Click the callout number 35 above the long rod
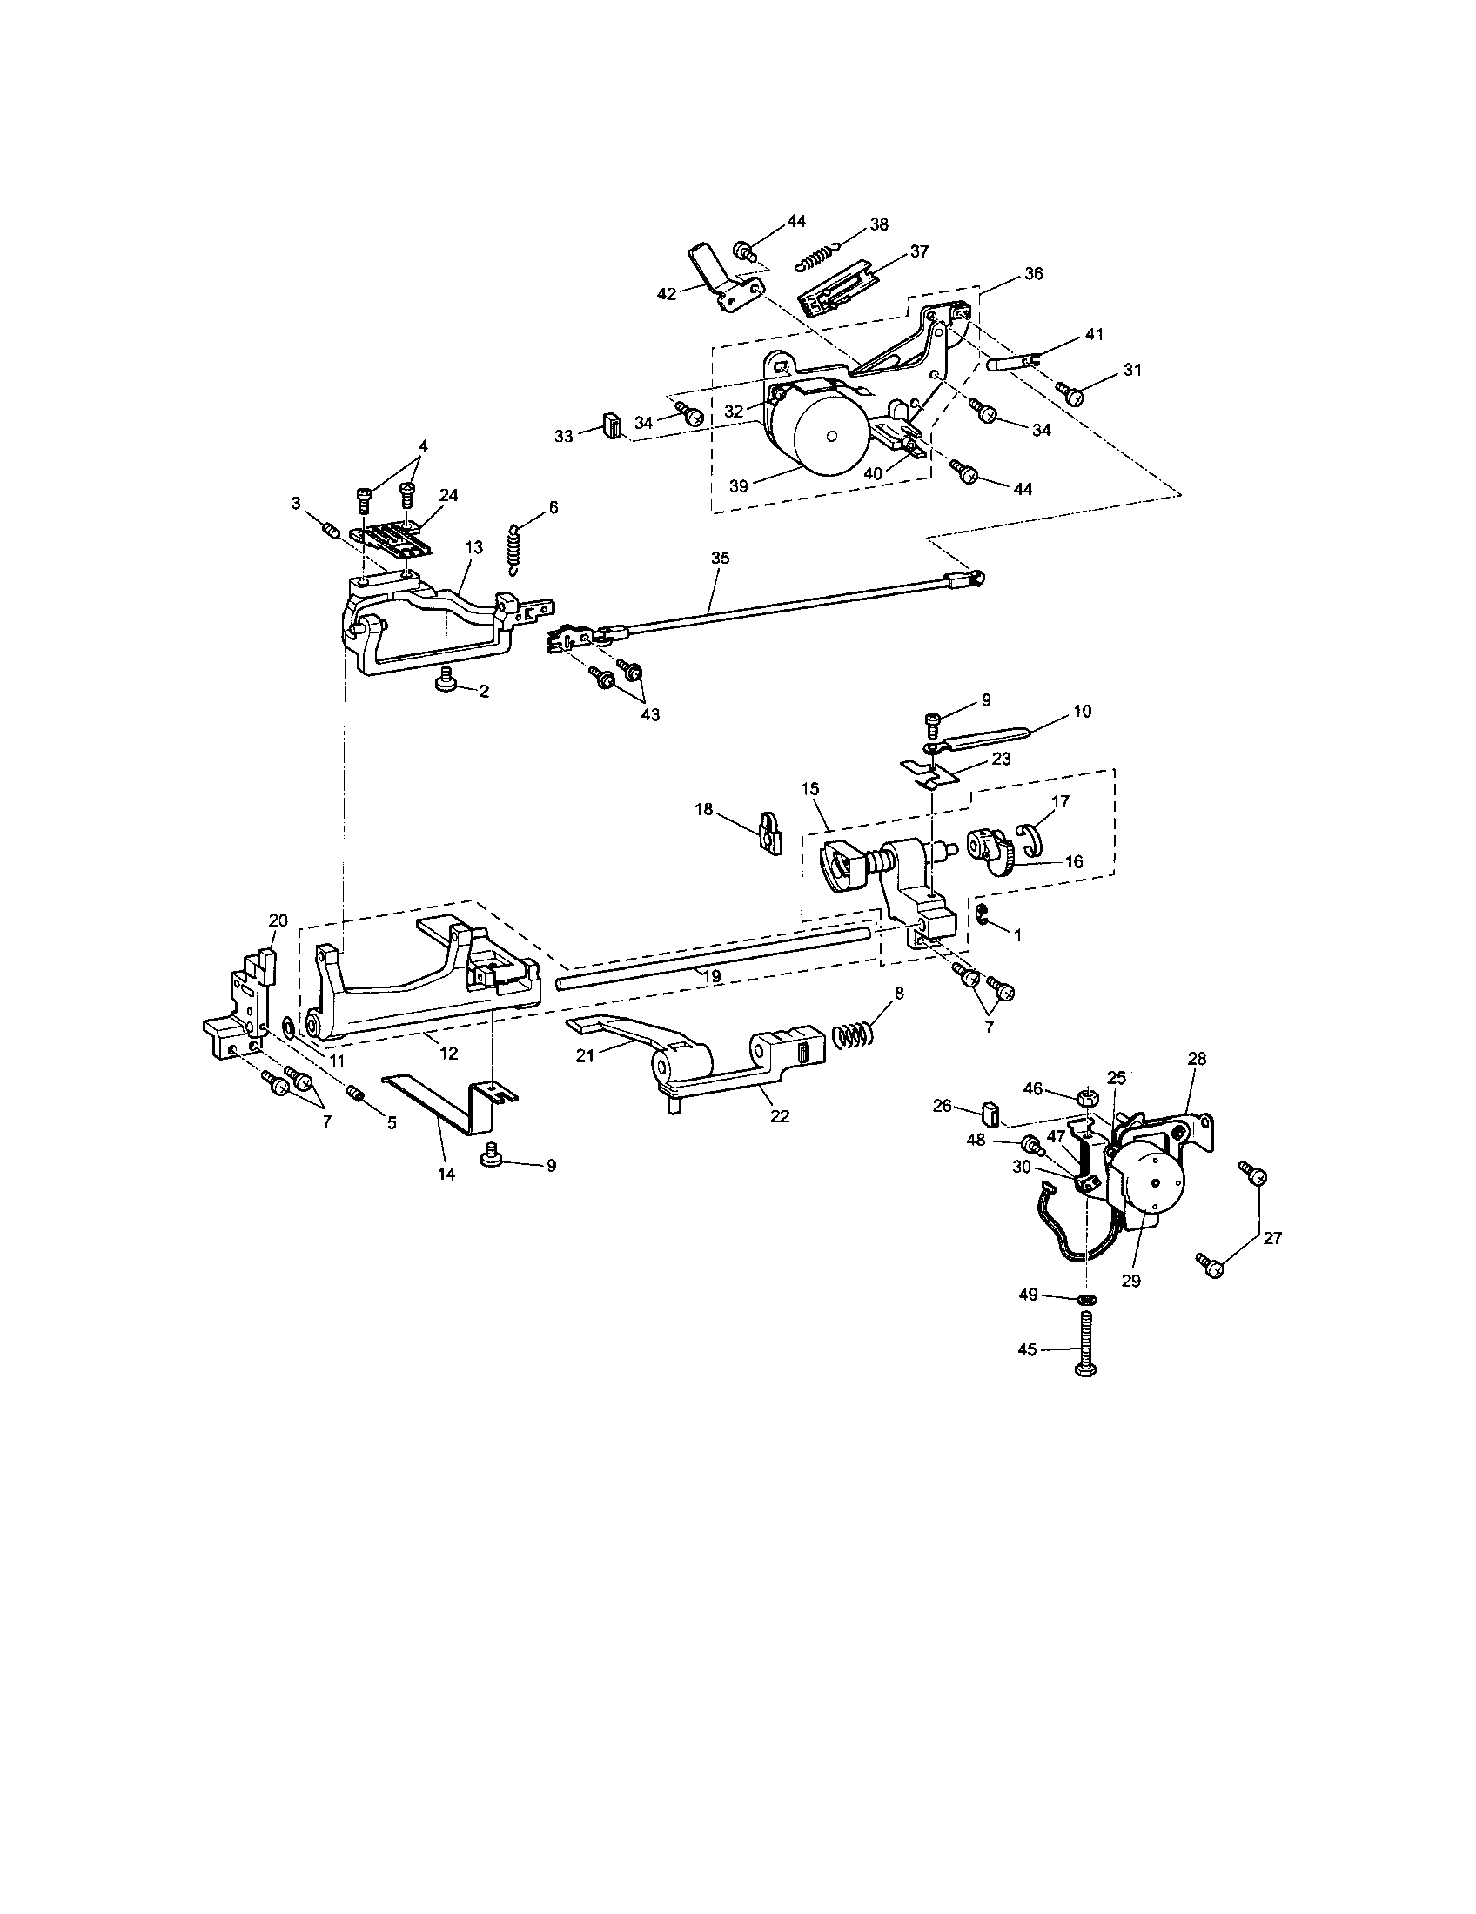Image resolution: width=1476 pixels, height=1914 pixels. [720, 558]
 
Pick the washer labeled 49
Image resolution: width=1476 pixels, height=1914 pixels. [1087, 1298]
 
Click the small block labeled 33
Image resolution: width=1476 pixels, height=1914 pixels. [612, 427]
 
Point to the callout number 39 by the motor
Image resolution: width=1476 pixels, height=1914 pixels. [738, 486]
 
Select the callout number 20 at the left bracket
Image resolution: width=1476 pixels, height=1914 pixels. [278, 920]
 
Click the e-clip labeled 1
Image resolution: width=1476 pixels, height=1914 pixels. [983, 917]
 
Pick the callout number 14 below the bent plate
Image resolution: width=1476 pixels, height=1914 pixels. [446, 1174]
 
